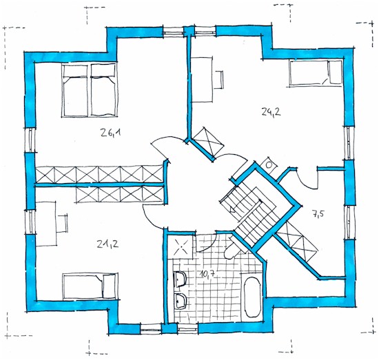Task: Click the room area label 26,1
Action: click(110, 133)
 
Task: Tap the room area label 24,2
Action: click(271, 112)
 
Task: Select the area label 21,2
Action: click(108, 244)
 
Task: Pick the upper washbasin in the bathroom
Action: click(179, 279)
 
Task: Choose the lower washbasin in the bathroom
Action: click(180, 301)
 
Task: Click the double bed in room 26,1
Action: click(90, 90)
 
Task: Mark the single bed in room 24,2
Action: click(315, 73)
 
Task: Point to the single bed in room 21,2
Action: click(90, 286)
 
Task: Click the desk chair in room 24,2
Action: click(219, 80)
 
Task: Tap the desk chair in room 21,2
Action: click(62, 223)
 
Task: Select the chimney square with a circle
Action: click(268, 165)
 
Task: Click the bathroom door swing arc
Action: click(207, 244)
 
